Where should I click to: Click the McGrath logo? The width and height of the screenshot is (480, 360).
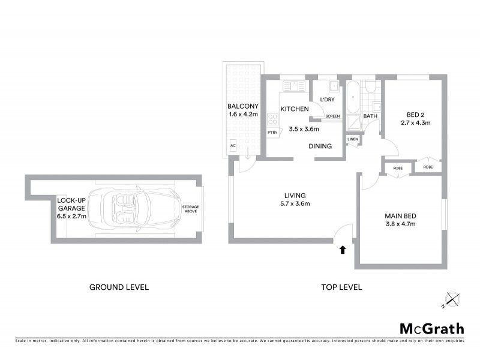click(x=432, y=328)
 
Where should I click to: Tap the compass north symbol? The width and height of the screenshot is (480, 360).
click(x=451, y=299)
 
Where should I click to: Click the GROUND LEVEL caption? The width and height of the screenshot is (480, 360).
click(x=119, y=287)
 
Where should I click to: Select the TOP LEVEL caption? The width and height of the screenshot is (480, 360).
click(x=341, y=287)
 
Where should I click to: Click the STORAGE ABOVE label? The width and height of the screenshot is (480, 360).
click(x=191, y=209)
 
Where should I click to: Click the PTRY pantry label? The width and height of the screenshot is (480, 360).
click(x=272, y=133)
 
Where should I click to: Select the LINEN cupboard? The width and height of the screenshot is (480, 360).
click(x=353, y=140)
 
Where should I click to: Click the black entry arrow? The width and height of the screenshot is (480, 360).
click(x=343, y=249)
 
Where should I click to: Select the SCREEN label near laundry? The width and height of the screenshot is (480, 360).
click(x=332, y=116)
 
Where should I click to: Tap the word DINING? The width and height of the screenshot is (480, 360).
click(x=321, y=146)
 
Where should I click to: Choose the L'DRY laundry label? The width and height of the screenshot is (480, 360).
click(x=327, y=100)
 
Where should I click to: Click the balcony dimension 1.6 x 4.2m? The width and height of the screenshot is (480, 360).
click(x=243, y=114)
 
